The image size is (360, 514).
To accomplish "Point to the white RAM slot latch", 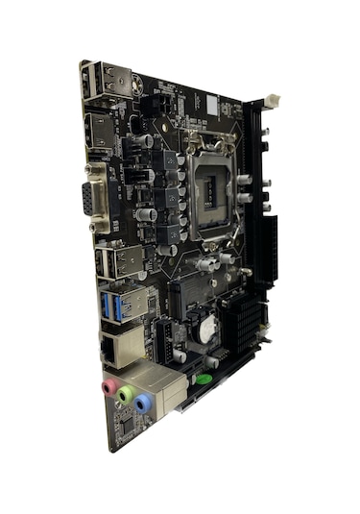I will click(x=272, y=98).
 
